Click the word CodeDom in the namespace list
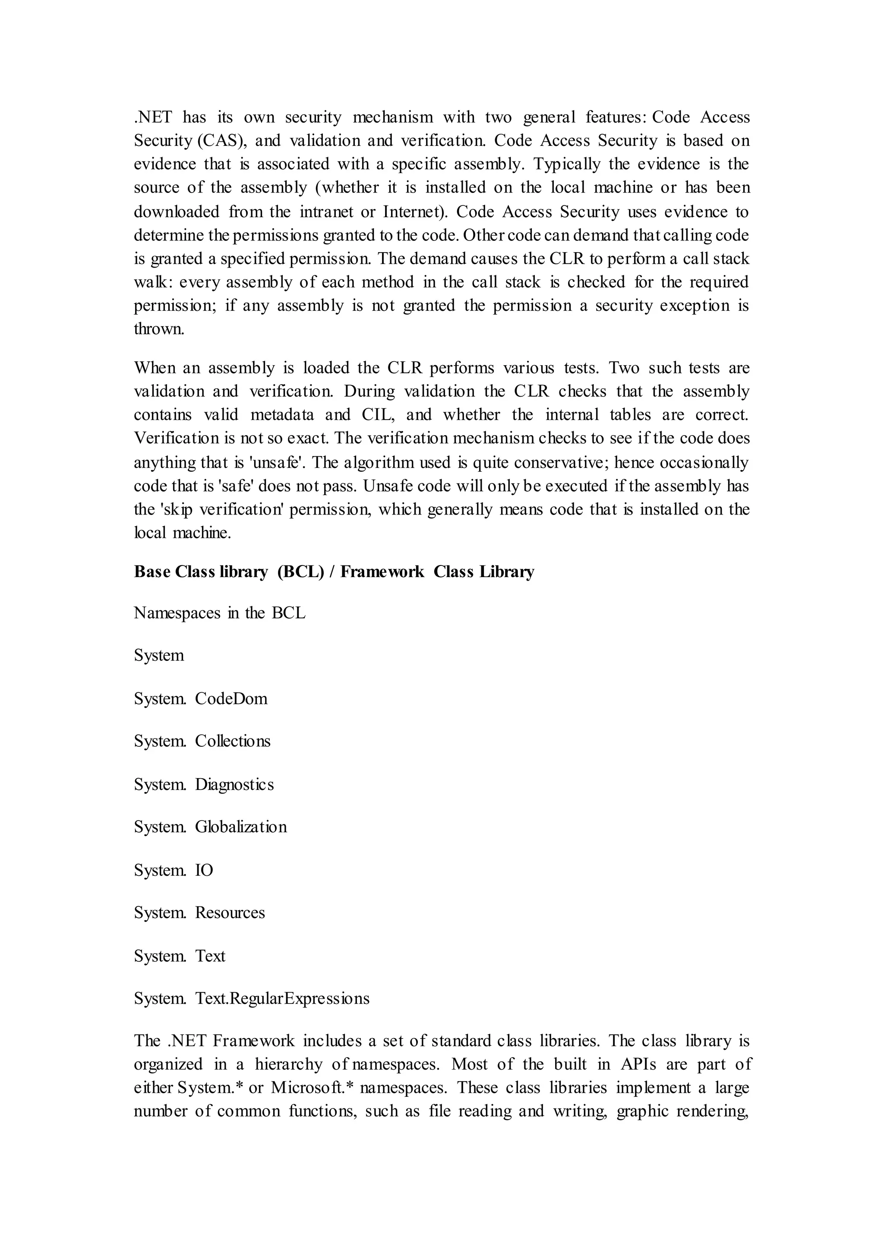231,698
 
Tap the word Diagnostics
235,785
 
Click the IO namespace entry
204,870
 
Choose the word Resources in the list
230,912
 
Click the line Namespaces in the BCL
219,613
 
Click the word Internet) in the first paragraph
415,212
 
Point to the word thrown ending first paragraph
159,329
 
